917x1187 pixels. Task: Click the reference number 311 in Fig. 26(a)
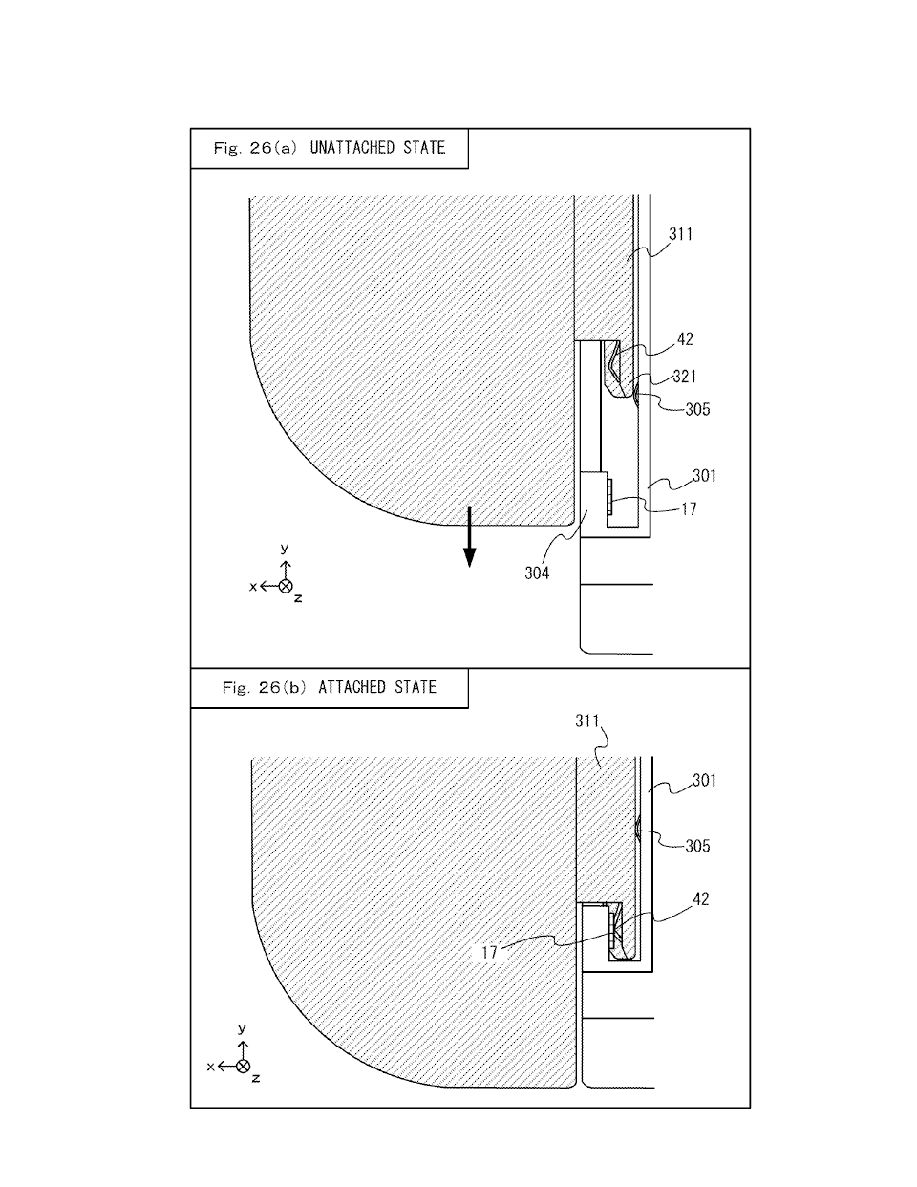coord(681,234)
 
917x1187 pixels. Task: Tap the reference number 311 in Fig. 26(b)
coord(587,721)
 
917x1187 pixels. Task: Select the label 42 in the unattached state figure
coord(685,339)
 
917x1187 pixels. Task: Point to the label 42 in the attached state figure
coord(701,898)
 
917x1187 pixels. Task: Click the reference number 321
coord(685,377)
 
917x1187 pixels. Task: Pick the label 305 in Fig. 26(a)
coord(697,409)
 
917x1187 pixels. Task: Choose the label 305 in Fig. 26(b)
coord(697,846)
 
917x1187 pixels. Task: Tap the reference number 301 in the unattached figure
coord(704,476)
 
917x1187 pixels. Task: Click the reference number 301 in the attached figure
coord(704,780)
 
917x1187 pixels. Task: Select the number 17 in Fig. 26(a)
coord(690,509)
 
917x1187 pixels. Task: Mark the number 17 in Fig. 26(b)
coord(489,953)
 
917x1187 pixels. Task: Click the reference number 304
coord(537,573)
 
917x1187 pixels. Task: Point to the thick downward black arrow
coord(469,536)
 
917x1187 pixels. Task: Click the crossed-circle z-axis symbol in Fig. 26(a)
coord(286,586)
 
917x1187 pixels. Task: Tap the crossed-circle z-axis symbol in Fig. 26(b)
coord(244,1066)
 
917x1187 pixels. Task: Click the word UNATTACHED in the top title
coord(352,147)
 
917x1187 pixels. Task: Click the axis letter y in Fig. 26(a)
coord(285,549)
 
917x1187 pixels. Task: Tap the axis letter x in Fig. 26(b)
coord(211,1067)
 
